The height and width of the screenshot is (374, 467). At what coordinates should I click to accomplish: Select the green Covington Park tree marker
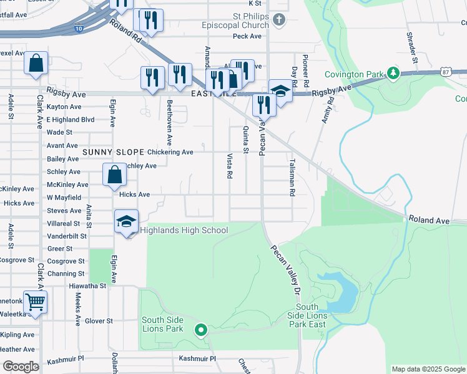393,74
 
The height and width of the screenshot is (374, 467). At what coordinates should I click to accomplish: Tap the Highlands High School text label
184,231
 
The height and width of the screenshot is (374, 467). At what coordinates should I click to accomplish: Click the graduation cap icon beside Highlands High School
126,222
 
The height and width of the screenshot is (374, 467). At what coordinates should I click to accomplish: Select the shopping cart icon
36,302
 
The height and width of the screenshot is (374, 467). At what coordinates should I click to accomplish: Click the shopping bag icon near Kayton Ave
36,63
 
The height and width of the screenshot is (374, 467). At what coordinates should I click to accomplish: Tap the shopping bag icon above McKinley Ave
114,175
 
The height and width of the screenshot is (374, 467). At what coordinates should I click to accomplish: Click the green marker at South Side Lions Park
200,330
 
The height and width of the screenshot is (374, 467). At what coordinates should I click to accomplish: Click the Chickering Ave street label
170,152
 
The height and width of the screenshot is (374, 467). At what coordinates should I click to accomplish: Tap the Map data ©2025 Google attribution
428,369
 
